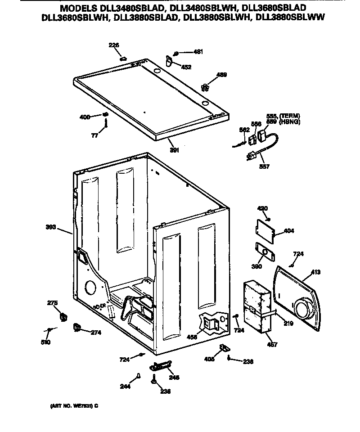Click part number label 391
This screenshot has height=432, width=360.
(x=174, y=150)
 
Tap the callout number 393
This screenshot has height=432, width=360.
(x=51, y=227)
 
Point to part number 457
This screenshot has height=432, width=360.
(x=272, y=345)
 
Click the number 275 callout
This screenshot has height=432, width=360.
(x=52, y=303)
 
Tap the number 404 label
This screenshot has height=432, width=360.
(x=289, y=232)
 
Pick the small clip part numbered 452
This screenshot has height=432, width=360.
(x=170, y=60)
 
